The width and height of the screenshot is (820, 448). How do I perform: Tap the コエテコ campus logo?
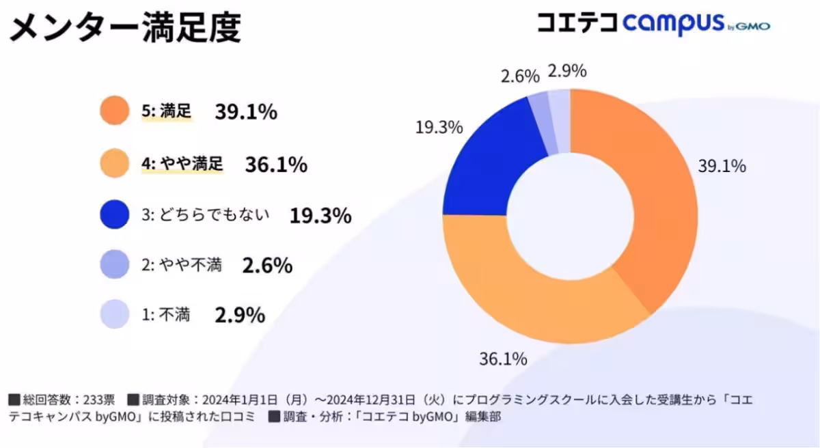point(653,25)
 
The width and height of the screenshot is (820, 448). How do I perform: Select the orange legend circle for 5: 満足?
point(114,111)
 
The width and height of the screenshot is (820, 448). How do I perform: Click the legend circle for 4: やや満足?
point(114,164)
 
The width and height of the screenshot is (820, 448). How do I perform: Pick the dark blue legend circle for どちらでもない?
point(114,214)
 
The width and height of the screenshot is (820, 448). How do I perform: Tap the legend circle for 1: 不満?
point(114,314)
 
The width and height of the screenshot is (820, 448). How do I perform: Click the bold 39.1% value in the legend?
point(246,112)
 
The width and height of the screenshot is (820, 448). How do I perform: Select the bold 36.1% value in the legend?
point(275,165)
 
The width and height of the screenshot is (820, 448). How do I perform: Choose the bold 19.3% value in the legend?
point(320,216)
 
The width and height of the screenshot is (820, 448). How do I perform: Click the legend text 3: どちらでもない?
point(206,215)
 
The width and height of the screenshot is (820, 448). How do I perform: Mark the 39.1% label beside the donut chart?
point(722,166)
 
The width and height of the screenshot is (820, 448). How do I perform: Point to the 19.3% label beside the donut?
point(439,127)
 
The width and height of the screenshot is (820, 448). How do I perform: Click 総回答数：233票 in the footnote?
point(67,399)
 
